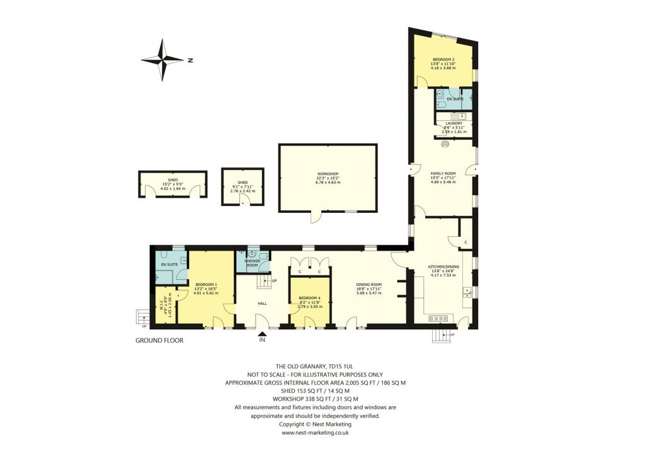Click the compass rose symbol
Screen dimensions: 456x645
click(x=163, y=60)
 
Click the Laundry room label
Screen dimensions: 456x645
click(x=454, y=123)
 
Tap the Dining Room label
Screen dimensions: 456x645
click(x=369, y=284)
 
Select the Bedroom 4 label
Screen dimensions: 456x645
click(x=309, y=297)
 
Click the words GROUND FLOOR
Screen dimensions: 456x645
click(x=159, y=340)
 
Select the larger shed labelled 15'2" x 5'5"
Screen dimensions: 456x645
click(x=173, y=183)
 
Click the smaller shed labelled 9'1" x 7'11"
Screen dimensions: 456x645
click(x=243, y=186)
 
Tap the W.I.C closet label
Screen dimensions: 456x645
click(x=162, y=305)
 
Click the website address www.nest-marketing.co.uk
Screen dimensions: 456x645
click(x=315, y=433)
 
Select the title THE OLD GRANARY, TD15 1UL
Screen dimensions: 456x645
click(x=315, y=366)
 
